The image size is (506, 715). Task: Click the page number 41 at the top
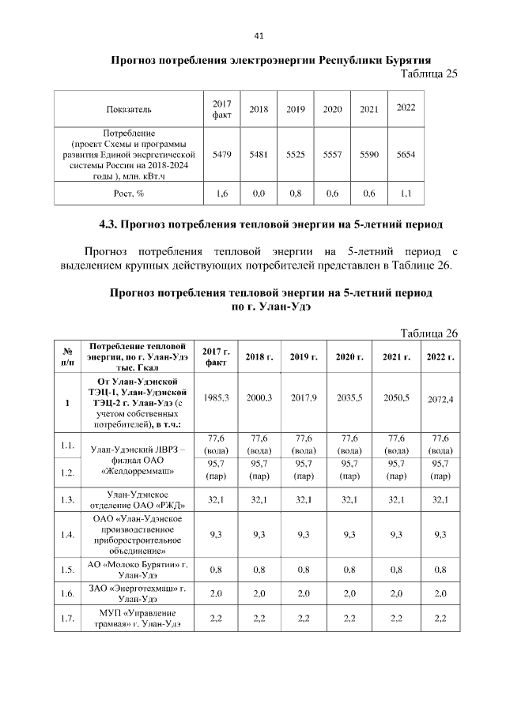pos(258,36)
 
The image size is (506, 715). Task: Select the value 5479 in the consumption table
pos(221,156)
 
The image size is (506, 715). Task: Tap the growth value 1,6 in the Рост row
pos(221,193)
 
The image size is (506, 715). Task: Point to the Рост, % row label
pos(129,193)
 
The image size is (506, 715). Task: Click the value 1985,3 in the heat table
pos(215,397)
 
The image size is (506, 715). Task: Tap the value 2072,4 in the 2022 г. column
pos(439,399)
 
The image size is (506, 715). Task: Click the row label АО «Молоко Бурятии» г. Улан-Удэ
pos(138,568)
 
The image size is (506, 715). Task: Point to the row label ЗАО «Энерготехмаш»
pos(138,593)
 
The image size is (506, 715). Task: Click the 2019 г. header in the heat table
pos(304,357)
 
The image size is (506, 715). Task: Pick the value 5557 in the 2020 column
pos(331,156)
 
